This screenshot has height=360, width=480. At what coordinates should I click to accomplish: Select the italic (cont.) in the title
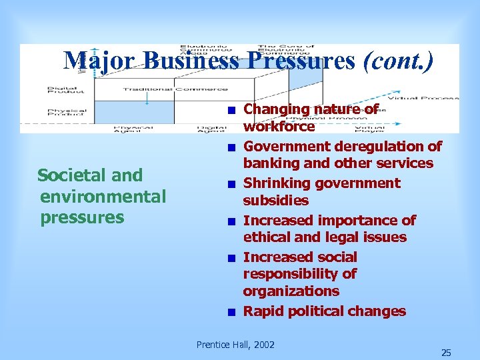click(x=397, y=61)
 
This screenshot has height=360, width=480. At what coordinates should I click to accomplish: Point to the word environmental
click(x=103, y=197)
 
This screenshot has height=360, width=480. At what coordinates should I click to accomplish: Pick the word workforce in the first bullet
click(x=279, y=127)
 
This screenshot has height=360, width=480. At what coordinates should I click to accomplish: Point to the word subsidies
click(x=275, y=201)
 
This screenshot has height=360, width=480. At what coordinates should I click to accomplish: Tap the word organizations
click(x=291, y=291)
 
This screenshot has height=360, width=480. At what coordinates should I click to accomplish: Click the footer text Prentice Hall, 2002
click(x=235, y=345)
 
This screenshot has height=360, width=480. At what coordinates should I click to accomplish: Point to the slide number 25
click(x=446, y=353)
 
